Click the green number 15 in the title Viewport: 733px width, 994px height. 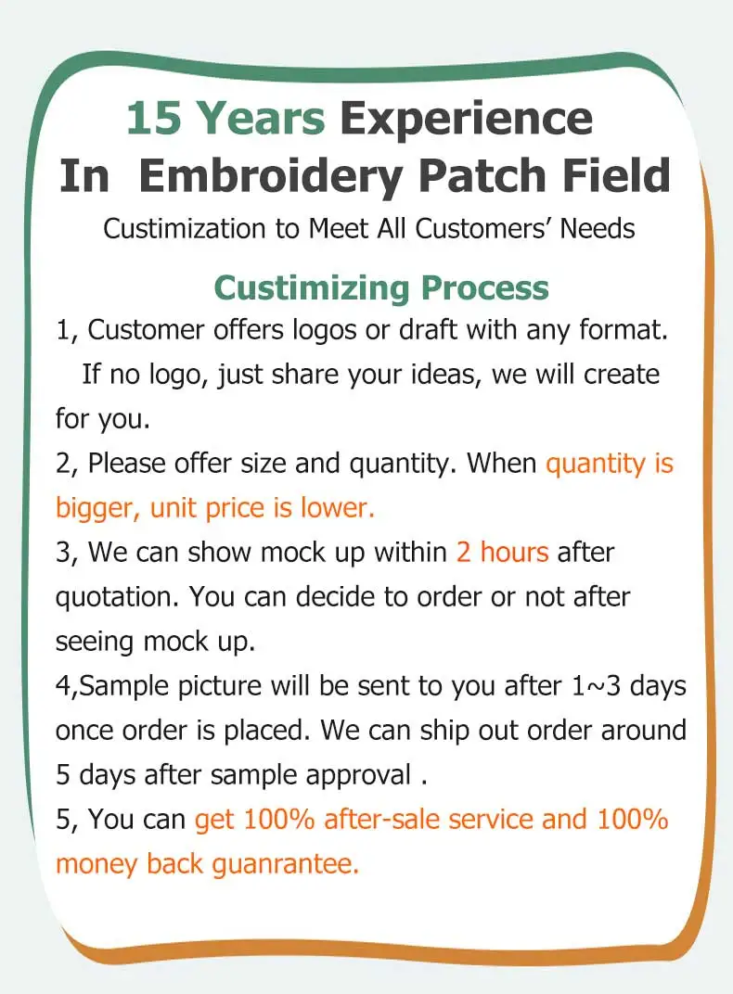156,119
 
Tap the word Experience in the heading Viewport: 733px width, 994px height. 465,119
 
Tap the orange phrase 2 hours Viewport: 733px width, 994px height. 502,553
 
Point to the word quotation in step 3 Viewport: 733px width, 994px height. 117,597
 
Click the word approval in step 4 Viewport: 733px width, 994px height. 357,775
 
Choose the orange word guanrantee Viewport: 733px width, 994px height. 285,864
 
